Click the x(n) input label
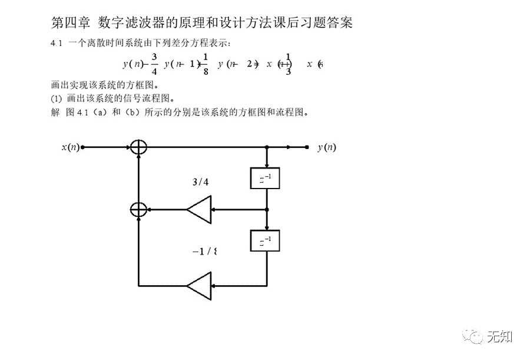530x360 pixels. coord(70,147)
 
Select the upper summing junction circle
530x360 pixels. coord(138,147)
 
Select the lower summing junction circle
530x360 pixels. coord(138,209)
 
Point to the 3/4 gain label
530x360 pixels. coord(200,182)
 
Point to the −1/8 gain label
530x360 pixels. coord(204,252)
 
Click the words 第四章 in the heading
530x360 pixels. coord(69,22)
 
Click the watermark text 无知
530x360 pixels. coord(500,336)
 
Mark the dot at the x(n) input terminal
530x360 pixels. coord(82,147)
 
